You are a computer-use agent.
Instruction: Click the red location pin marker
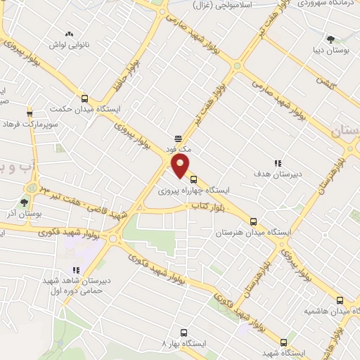(181, 166)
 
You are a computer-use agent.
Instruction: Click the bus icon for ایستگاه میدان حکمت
(85, 99)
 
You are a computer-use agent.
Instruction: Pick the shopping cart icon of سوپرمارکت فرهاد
(30, 112)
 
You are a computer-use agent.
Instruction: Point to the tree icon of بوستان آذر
(24, 202)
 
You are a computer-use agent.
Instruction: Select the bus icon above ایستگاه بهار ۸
(184, 332)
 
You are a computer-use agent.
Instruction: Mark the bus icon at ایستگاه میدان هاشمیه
(340, 300)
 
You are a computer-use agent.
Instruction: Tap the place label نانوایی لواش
(70, 45)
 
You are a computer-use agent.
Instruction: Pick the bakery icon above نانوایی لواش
(69, 34)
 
